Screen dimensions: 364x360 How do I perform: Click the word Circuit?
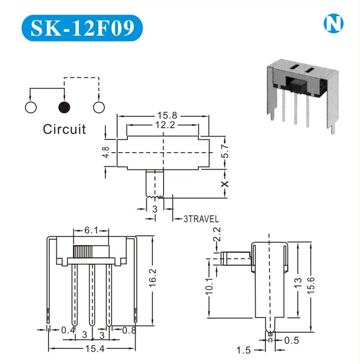(x=64, y=130)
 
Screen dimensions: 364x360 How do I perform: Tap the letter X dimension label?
(x=225, y=184)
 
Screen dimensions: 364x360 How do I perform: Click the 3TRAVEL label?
(x=201, y=220)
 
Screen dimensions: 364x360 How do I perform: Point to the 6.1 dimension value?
(x=90, y=230)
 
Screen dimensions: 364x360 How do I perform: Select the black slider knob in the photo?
(x=294, y=87)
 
